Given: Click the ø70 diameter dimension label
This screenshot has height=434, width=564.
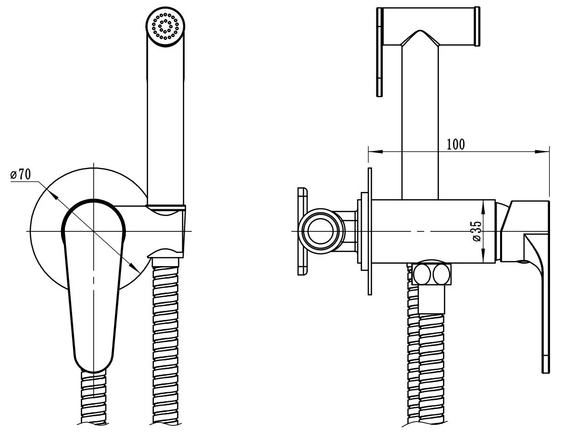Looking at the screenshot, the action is [21, 175].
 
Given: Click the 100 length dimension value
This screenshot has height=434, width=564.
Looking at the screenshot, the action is [456, 144].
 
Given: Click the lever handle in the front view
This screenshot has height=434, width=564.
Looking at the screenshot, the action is [93, 284].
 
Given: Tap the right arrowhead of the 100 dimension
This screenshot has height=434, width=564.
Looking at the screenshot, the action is [543, 152].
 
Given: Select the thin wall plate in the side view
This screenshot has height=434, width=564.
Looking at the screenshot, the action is [369, 231].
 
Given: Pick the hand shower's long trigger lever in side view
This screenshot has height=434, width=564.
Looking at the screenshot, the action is [379, 52].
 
